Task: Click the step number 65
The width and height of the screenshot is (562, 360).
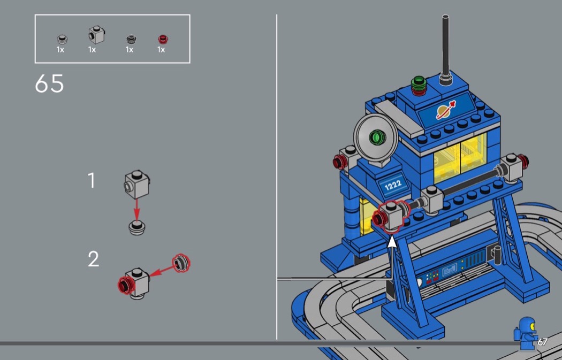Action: coord(49,83)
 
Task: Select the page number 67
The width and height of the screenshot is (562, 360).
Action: coord(542,342)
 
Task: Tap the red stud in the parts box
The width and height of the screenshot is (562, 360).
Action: coord(163,39)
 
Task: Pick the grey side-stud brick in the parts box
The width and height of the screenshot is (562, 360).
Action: coord(96,35)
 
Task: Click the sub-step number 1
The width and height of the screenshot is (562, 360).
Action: coord(92,181)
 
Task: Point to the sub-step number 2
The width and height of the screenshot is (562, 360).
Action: coord(93,259)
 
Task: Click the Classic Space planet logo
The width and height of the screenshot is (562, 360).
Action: coord(446,110)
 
